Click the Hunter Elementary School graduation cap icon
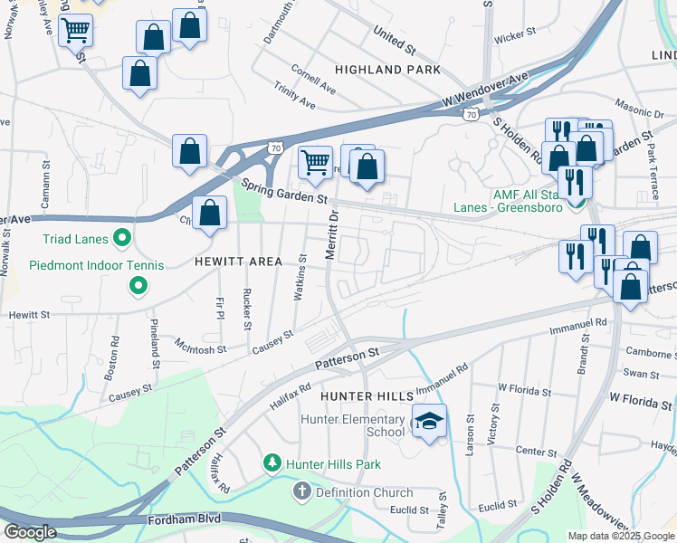pyautogui.click(x=429, y=420)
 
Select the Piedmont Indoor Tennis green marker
pyautogui.click(x=138, y=287)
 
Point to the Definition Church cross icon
pyautogui.click(x=300, y=492)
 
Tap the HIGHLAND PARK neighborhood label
pyautogui.click(x=386, y=70)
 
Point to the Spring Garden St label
pyautogui.click(x=283, y=191)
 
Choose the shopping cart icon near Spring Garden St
pyautogui.click(x=315, y=163)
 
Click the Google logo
pyautogui.click(x=29, y=532)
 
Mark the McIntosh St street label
pyautogui.click(x=201, y=347)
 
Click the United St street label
pyautogui.click(x=394, y=37)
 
